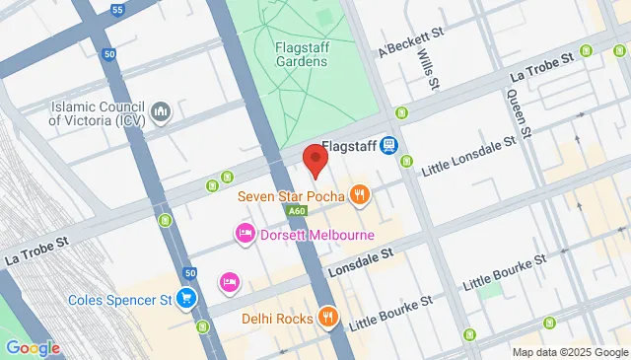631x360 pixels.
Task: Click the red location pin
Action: (x=315, y=160)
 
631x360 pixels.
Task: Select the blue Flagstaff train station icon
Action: (x=390, y=145)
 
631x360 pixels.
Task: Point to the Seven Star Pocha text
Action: (x=291, y=196)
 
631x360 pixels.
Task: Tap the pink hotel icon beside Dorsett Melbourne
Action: (x=244, y=235)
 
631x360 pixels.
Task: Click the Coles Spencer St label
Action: (x=121, y=299)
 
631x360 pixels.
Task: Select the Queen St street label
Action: (x=520, y=112)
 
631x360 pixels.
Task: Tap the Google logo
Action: (x=32, y=347)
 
